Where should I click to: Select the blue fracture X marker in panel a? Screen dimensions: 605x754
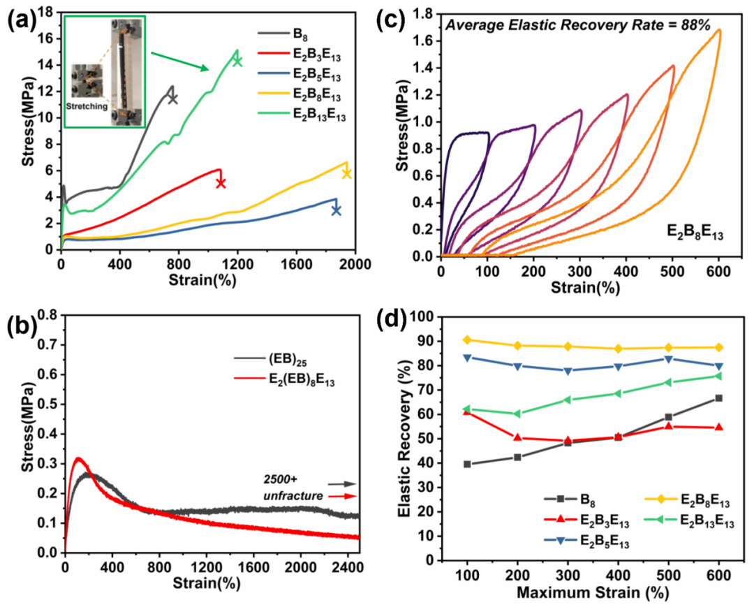(336, 210)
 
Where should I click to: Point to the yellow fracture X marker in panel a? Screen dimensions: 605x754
(346, 173)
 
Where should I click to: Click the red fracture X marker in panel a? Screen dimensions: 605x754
(221, 183)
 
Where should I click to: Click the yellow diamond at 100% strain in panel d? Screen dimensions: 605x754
(467, 340)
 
